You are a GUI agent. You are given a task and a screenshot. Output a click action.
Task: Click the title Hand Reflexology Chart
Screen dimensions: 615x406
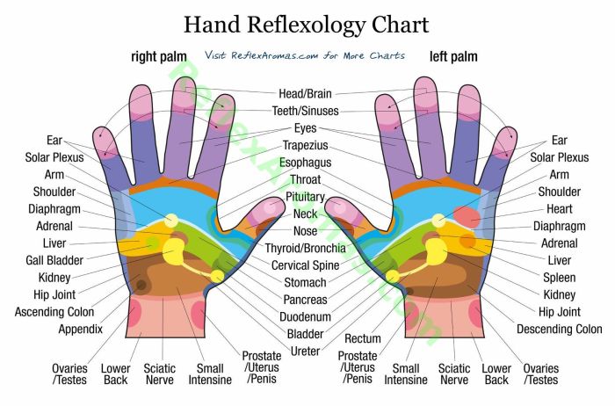pyautogui.click(x=307, y=25)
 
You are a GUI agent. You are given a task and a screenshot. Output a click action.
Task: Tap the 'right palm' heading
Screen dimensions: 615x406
pyautogui.click(x=159, y=56)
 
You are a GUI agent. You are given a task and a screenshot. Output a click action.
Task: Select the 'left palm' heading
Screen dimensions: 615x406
pyautogui.click(x=453, y=56)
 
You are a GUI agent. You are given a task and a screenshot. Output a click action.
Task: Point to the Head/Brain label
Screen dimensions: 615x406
pyautogui.click(x=305, y=94)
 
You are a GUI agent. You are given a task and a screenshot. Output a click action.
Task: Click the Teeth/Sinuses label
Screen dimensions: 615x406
pyautogui.click(x=306, y=111)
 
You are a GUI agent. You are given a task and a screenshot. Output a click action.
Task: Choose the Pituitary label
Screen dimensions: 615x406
pyautogui.click(x=305, y=197)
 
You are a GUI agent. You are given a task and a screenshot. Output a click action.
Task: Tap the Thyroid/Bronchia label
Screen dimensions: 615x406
pyautogui.click(x=305, y=249)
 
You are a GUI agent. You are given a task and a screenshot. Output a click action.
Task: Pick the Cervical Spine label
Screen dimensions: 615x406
pyautogui.click(x=305, y=265)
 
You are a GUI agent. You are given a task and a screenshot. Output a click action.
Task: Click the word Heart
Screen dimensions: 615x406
pyautogui.click(x=560, y=209)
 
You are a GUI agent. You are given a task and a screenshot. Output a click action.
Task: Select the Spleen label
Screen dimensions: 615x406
pyautogui.click(x=560, y=278)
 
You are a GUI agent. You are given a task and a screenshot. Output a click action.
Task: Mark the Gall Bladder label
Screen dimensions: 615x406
pyautogui.click(x=54, y=260)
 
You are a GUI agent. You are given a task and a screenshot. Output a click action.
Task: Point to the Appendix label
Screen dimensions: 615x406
pyautogui.click(x=81, y=330)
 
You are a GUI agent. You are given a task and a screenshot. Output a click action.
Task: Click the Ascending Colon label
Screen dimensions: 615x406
pyautogui.click(x=54, y=312)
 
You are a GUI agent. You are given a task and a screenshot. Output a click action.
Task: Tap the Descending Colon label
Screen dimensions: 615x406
pyautogui.click(x=560, y=330)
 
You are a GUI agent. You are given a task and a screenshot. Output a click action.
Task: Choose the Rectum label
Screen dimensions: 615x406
pyautogui.click(x=363, y=338)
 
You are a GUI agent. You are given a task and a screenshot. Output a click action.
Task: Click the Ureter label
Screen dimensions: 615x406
pyautogui.click(x=305, y=352)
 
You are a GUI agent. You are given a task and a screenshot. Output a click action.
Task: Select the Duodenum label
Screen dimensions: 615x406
pyautogui.click(x=305, y=317)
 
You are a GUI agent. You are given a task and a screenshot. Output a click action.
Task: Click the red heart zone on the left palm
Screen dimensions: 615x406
pyautogui.click(x=467, y=217)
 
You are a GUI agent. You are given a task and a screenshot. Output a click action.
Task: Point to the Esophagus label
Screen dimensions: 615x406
pyautogui.click(x=305, y=163)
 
